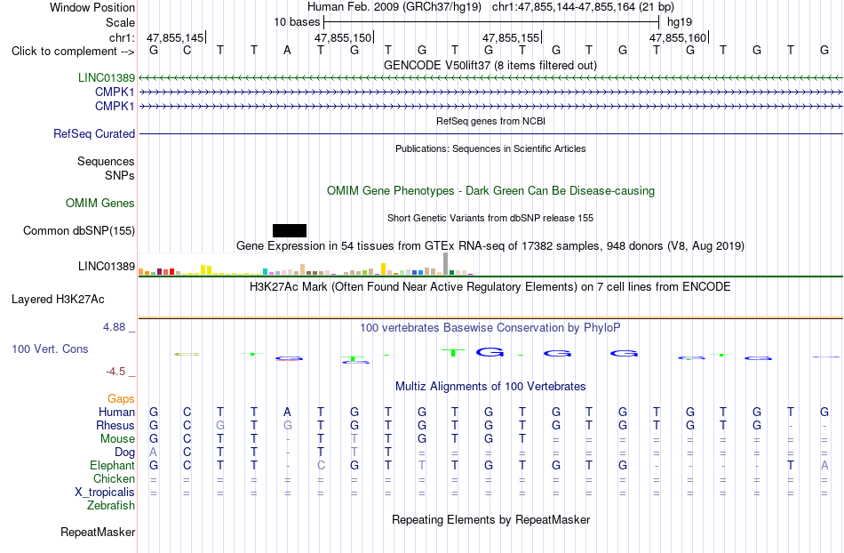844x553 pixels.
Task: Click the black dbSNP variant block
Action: (x=290, y=230)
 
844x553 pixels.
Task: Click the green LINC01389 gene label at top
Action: (x=107, y=77)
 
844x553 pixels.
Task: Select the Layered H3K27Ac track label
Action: (x=58, y=300)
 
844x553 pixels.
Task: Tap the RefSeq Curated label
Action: (x=94, y=133)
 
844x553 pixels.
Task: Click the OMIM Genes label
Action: (x=100, y=203)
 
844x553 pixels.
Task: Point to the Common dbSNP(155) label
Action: (x=79, y=231)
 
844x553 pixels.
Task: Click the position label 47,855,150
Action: (x=343, y=37)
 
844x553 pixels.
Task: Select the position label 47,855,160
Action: (x=678, y=37)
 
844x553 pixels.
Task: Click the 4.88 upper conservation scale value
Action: (x=114, y=327)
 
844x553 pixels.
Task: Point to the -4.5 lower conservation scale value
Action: (x=115, y=372)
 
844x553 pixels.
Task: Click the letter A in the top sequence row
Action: (x=288, y=51)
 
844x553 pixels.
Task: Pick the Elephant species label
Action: (x=113, y=466)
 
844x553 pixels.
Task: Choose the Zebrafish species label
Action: (x=111, y=506)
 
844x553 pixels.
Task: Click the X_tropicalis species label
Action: (x=105, y=493)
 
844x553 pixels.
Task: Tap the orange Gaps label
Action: (x=121, y=399)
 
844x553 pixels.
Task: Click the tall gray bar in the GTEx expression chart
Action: (x=446, y=264)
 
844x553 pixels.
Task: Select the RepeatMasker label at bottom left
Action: (x=98, y=533)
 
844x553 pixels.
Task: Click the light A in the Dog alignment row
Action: (x=154, y=453)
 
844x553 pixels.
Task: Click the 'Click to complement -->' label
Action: (x=73, y=52)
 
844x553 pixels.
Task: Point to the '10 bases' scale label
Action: (x=297, y=22)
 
